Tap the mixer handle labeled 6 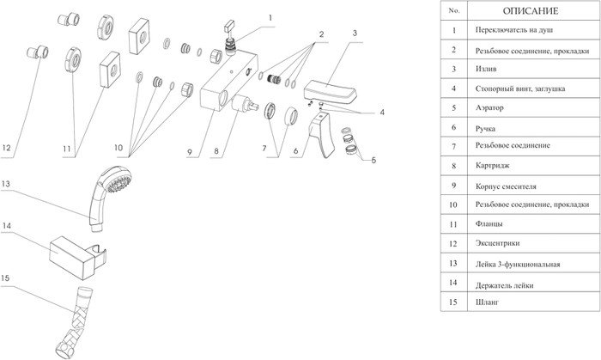[x=322, y=135]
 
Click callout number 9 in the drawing [x=190, y=152]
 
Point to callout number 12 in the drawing [x=6, y=148]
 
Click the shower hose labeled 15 [x=76, y=322]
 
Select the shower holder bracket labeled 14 [x=78, y=255]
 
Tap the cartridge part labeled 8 [x=245, y=103]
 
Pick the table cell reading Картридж [x=533, y=166]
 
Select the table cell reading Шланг [x=533, y=302]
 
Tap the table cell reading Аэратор [x=533, y=107]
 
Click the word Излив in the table [x=486, y=69]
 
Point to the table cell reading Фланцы [x=533, y=224]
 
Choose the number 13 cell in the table [x=454, y=263]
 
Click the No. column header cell [x=454, y=10]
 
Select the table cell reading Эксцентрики [x=533, y=243]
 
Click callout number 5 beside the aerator [x=373, y=161]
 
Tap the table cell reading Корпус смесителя [x=533, y=186]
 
